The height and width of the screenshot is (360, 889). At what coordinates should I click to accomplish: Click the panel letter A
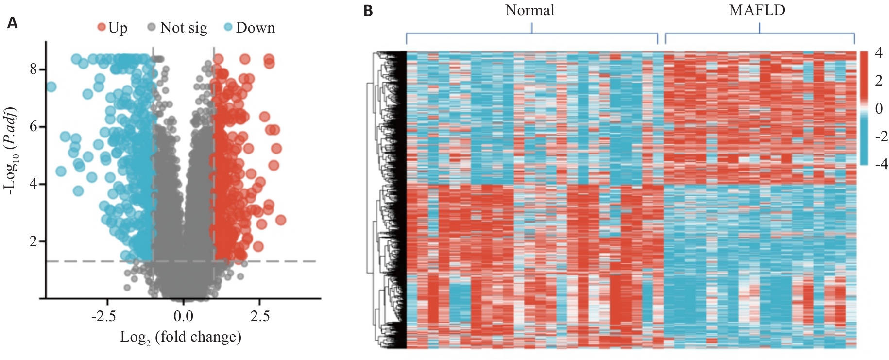click(x=13, y=23)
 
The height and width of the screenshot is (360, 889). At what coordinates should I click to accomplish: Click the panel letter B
click(x=368, y=11)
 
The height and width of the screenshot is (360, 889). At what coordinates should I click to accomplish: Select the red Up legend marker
click(x=102, y=27)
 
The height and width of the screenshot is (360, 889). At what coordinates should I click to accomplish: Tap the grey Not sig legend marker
click(x=152, y=27)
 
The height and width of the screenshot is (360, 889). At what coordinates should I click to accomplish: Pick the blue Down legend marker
click(x=228, y=27)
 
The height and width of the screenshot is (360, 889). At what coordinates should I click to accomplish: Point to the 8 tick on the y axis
click(x=34, y=69)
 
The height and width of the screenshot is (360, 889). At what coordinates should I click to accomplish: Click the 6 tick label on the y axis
click(x=34, y=126)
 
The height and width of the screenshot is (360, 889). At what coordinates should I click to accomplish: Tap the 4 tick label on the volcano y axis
click(x=34, y=184)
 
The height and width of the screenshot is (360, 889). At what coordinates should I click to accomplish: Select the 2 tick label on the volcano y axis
click(x=34, y=241)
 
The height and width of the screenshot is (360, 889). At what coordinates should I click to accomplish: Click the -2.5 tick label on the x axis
click(x=103, y=316)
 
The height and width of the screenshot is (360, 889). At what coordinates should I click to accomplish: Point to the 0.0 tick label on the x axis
click(x=183, y=316)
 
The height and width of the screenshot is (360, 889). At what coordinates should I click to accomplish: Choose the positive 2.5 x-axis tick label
click(x=260, y=316)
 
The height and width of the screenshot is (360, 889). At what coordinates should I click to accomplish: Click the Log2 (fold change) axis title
click(x=181, y=337)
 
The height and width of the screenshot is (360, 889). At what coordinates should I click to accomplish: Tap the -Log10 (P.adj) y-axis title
click(x=11, y=151)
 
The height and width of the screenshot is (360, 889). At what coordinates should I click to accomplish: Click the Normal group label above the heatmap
click(x=530, y=10)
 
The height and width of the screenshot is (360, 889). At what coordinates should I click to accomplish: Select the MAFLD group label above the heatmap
click(x=757, y=10)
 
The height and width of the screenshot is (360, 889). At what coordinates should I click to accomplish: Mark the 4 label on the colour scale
click(x=879, y=52)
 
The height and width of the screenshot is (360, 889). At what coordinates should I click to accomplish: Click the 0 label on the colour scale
click(x=879, y=108)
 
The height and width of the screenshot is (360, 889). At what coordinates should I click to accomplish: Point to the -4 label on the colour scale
click(x=881, y=164)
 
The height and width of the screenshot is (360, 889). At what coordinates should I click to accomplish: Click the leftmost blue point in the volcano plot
click(x=51, y=87)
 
